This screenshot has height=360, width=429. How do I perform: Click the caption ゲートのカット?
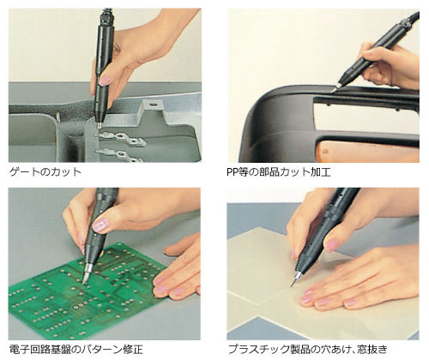click(45, 171)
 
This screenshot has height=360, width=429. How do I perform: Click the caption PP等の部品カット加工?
click(279, 171)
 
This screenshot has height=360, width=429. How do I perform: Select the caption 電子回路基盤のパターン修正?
click(76, 349)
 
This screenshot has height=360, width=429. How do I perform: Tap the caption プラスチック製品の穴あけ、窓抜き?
click(308, 349)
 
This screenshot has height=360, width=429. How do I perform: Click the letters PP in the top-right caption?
click(233, 172)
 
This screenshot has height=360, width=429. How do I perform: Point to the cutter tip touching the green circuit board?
click(84, 283)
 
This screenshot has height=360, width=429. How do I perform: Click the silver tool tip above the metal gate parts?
click(100, 126)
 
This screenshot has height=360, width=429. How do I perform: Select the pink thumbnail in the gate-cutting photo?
click(105, 81)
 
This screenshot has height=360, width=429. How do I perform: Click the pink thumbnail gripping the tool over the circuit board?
click(100, 225)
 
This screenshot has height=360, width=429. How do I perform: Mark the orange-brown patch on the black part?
click(326, 152)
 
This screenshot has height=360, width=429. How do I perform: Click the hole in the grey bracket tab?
click(153, 105)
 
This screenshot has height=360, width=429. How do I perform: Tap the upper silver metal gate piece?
click(123, 138)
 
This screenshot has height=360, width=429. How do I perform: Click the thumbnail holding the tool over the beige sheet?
click(332, 246)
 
